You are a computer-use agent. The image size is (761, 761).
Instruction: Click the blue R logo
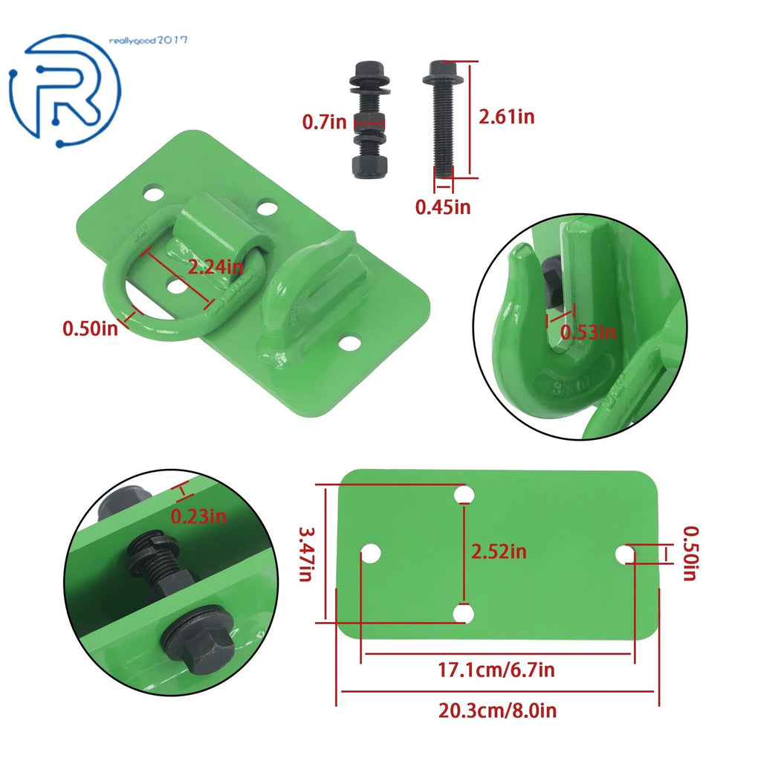point(65,90)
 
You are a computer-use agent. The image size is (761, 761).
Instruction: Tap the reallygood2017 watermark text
point(148,40)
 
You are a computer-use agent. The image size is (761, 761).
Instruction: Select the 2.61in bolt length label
point(506,117)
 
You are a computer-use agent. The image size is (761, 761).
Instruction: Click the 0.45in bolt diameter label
point(443,207)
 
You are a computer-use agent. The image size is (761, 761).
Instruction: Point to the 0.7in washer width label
point(324,122)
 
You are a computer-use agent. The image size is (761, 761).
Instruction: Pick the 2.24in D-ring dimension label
point(215,267)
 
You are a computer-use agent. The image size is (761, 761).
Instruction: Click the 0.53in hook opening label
point(588,332)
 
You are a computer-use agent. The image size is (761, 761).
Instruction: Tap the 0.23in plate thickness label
point(198,516)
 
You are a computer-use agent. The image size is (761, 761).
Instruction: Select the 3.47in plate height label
point(307,554)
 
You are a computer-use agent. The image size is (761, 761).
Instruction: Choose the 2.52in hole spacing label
point(499,552)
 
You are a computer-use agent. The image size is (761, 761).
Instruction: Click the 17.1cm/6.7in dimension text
point(496,670)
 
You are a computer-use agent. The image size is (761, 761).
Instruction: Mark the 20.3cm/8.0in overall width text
point(497,711)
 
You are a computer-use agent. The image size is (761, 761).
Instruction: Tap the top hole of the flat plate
point(464,495)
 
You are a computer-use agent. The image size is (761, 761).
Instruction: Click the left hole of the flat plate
point(371,554)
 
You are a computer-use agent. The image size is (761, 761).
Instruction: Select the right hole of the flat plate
point(625,554)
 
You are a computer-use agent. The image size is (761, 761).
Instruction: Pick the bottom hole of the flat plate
point(463,613)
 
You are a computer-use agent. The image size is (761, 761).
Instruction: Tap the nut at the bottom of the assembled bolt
point(368,167)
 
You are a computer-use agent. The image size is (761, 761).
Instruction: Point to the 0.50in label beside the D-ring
point(90,328)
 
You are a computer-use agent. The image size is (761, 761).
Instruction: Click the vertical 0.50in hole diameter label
point(690,553)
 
